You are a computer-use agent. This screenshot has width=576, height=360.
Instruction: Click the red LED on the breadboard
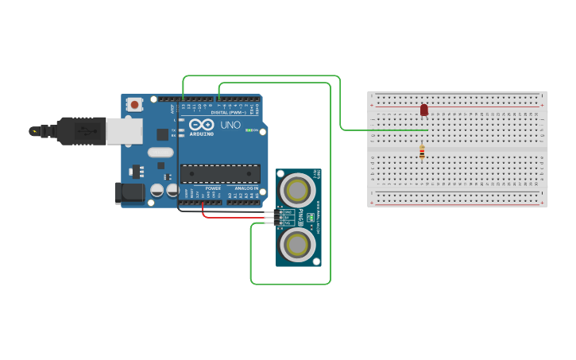click(424, 110)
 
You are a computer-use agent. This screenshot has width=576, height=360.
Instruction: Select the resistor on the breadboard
click(422, 151)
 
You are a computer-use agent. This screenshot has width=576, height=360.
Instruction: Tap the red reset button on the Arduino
click(135, 103)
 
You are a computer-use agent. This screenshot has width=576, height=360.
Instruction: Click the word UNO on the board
click(230, 125)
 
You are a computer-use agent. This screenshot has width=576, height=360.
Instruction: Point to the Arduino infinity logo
click(201, 124)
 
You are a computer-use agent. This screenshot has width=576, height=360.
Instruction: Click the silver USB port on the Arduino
click(124, 131)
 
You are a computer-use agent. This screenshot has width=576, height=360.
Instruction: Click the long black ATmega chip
click(220, 173)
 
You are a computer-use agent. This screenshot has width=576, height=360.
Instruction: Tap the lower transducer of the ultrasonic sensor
click(297, 245)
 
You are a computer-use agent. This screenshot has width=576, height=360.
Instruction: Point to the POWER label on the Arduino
click(213, 188)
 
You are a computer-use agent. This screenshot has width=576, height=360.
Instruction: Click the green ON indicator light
click(249, 130)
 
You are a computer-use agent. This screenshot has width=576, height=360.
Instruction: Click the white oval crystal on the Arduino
click(160, 153)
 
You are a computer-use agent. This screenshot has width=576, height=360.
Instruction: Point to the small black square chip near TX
click(162, 134)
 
